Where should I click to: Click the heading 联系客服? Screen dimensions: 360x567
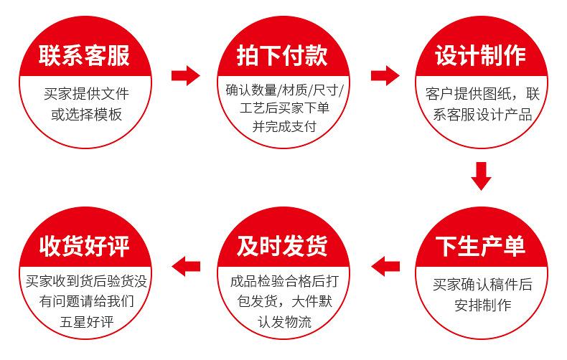[x=85, y=55]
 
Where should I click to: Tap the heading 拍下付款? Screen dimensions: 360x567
[x=283, y=55]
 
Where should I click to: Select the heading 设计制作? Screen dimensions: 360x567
[x=481, y=55]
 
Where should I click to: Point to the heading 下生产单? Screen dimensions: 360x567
[x=481, y=245]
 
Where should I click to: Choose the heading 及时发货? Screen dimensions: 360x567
[x=283, y=245]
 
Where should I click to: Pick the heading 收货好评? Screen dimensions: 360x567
[x=85, y=245]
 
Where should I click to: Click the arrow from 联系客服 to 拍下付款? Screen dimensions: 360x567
[x=185, y=75]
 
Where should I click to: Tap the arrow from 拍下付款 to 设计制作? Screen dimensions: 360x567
[x=385, y=75]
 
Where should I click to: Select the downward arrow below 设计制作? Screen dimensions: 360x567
[x=481, y=176]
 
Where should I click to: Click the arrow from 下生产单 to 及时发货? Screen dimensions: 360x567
[x=385, y=265]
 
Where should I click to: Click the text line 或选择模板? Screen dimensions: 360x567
[x=86, y=113]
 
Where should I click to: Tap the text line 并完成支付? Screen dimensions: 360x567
[x=283, y=126]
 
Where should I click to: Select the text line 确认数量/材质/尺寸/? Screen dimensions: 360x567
[x=284, y=90]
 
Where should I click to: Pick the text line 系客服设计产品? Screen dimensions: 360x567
[x=482, y=113]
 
